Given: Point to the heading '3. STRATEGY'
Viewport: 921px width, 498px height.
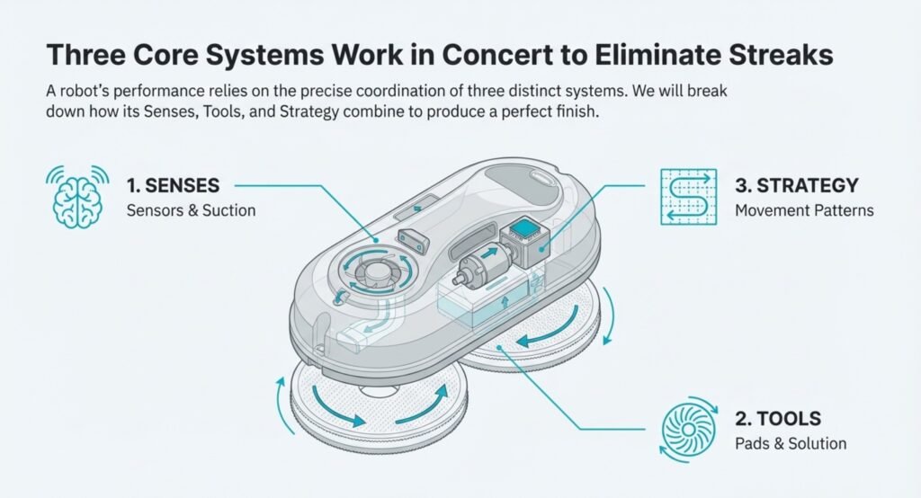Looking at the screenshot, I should (x=796, y=187).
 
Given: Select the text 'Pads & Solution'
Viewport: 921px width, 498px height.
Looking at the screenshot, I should (x=791, y=444).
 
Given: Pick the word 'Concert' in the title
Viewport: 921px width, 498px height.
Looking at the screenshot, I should (x=503, y=54).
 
